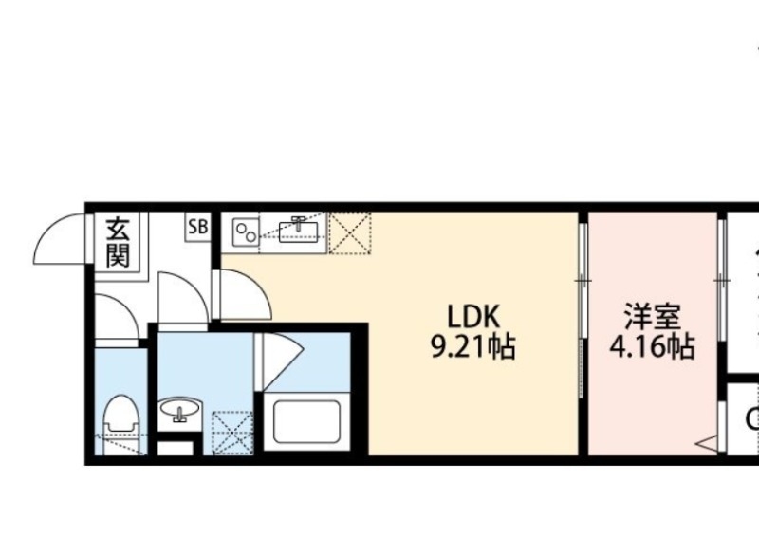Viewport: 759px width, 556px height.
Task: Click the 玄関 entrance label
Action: click(x=118, y=243)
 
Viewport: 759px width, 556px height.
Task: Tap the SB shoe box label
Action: click(x=198, y=227)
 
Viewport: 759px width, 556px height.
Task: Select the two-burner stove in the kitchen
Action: click(x=246, y=232)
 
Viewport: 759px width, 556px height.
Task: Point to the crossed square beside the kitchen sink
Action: click(x=350, y=234)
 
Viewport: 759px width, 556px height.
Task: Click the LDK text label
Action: click(x=473, y=318)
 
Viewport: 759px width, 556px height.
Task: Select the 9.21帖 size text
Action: click(x=473, y=348)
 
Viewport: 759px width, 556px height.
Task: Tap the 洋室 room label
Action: click(x=651, y=316)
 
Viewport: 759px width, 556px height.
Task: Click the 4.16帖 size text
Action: click(x=651, y=346)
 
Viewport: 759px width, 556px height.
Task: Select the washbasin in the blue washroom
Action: click(x=179, y=413)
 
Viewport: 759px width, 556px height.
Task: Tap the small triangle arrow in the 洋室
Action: click(x=706, y=441)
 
